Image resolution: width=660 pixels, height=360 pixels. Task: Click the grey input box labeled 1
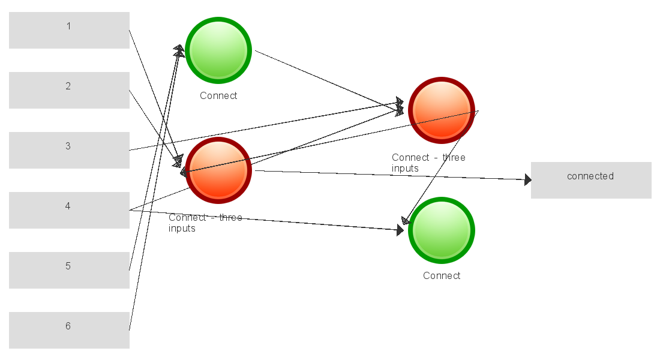coord(69,30)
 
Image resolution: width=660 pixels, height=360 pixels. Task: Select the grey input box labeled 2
coord(69,90)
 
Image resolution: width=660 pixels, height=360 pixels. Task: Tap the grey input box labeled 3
coord(69,150)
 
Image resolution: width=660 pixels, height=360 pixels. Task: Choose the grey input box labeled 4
coord(69,210)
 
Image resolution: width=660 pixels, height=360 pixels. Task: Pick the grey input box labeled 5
coord(69,270)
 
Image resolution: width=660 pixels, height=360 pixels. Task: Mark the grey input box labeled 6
coord(69,330)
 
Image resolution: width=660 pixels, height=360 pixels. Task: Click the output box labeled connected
coord(591,180)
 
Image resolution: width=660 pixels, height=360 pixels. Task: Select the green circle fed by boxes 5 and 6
coord(218,50)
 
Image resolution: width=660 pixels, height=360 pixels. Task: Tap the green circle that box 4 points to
coord(442,230)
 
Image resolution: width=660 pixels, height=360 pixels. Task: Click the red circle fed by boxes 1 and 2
coord(218,170)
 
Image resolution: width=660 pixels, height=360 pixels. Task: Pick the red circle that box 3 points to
coord(442,110)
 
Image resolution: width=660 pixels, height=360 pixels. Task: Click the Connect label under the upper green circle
coord(218,96)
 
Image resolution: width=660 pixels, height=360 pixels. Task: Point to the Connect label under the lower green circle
coord(442,276)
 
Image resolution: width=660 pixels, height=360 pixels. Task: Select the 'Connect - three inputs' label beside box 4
coord(205,223)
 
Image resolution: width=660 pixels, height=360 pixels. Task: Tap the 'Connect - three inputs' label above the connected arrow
coord(428,163)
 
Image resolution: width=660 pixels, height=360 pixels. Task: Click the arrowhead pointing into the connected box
coord(527,179)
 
